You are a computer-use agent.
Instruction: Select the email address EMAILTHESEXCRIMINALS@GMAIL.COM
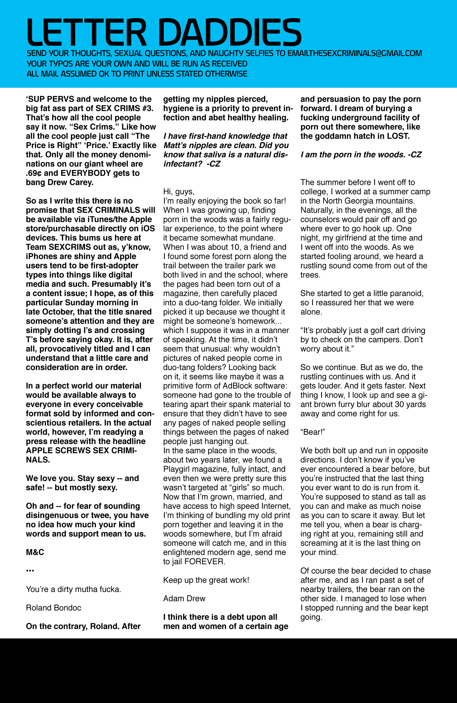pyautogui.click(x=354, y=53)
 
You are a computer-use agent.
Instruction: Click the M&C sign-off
pyautogui.click(x=35, y=552)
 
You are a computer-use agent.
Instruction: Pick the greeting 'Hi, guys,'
pyautogui.click(x=179, y=192)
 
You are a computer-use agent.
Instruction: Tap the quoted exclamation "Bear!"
pyautogui.click(x=313, y=432)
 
